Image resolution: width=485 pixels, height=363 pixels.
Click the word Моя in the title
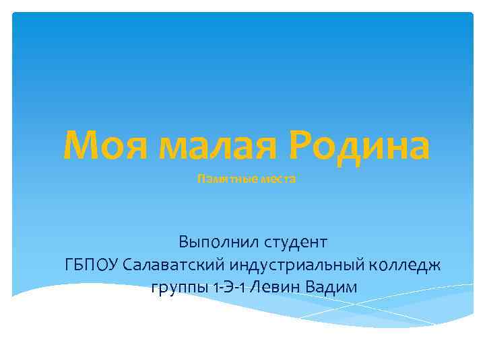pos(105,145)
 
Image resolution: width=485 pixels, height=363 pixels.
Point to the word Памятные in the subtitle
pos(222,180)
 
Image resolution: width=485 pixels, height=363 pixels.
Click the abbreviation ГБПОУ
pos(92,264)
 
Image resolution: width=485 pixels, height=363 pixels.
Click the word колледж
pos(409,264)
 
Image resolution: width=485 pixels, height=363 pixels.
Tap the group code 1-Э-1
pos(227,287)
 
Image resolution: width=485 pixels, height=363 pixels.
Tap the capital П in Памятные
pos(200,180)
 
